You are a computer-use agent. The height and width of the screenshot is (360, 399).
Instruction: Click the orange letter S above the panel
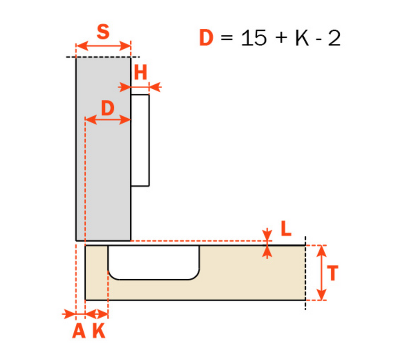(x=103, y=32)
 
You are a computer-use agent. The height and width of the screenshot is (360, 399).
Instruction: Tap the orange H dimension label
(x=141, y=72)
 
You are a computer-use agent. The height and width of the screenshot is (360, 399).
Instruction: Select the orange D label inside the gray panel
(x=108, y=108)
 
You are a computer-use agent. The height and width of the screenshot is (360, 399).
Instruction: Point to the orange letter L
(x=286, y=228)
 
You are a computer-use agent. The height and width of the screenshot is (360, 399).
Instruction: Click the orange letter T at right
(x=332, y=273)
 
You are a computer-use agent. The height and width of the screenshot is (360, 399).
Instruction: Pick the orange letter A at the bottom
(x=79, y=331)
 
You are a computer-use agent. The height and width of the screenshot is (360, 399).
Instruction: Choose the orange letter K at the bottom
(x=99, y=331)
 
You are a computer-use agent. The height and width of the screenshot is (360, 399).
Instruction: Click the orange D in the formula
(x=206, y=38)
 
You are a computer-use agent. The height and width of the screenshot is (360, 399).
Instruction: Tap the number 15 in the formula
(x=254, y=38)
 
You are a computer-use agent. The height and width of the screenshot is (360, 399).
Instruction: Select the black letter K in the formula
(x=303, y=38)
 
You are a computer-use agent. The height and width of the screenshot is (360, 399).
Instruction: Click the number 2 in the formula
(x=334, y=38)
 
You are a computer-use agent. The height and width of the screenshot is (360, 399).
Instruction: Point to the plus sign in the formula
(x=281, y=38)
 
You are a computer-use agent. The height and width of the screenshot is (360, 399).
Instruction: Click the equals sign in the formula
(x=227, y=38)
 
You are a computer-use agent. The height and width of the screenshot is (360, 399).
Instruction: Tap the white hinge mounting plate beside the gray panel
(x=140, y=140)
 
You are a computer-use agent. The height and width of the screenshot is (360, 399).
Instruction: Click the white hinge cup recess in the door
(x=154, y=263)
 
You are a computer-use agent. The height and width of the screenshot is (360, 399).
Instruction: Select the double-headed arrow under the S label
(x=103, y=46)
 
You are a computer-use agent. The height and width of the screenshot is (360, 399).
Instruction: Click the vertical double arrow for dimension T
(x=322, y=273)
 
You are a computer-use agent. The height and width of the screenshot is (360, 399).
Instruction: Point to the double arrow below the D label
(x=108, y=119)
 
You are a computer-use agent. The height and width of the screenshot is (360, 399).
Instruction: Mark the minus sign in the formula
(x=319, y=40)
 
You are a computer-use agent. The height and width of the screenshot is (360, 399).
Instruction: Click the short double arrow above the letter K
(x=97, y=314)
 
